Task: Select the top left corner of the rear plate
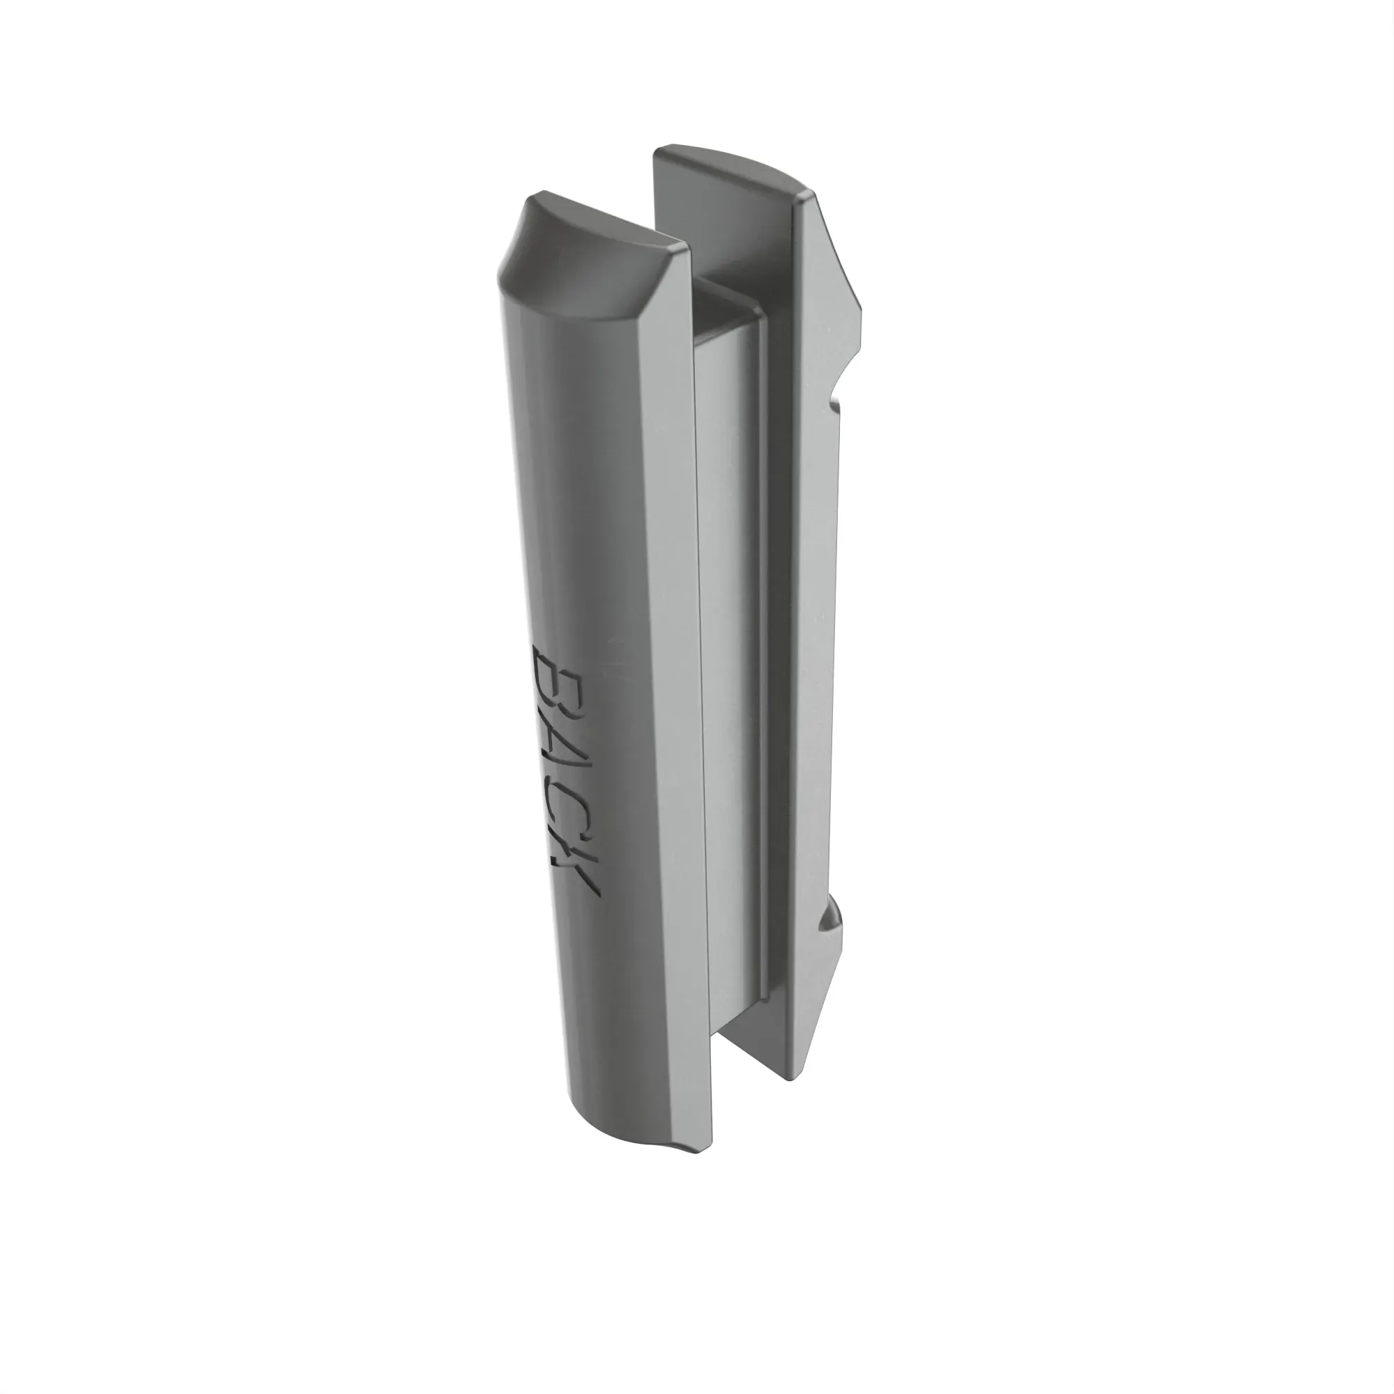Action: tap(657, 151)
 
